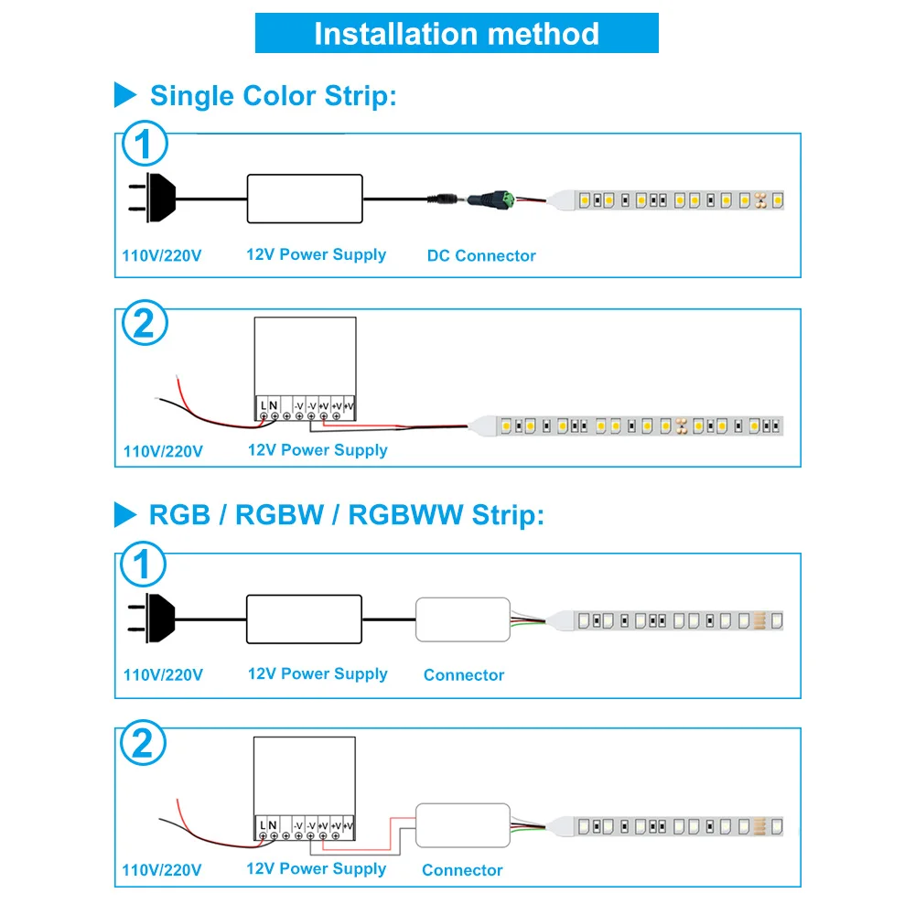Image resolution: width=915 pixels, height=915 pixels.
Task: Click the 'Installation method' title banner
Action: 457,34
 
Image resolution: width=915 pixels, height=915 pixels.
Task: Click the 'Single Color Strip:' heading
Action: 273,95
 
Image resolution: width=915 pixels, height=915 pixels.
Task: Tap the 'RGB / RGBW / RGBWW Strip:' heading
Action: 346,514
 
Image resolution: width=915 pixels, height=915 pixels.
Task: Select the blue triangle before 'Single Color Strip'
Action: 125,94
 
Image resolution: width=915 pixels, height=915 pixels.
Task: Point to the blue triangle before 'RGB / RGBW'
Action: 125,514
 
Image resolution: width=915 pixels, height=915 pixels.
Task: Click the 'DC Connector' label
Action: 481,256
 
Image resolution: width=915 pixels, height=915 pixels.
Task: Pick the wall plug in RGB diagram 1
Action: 152,618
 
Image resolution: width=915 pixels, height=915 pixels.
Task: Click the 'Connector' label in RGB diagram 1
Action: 464,675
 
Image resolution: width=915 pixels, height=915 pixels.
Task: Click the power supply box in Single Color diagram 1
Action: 304,198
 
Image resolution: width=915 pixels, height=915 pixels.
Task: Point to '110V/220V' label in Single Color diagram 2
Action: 163,451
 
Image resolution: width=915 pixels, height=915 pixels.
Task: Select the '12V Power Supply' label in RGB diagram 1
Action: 318,674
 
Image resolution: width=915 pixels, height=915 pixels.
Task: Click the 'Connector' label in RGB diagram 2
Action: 462,870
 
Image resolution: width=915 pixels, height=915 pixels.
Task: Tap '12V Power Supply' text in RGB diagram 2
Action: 317,868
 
